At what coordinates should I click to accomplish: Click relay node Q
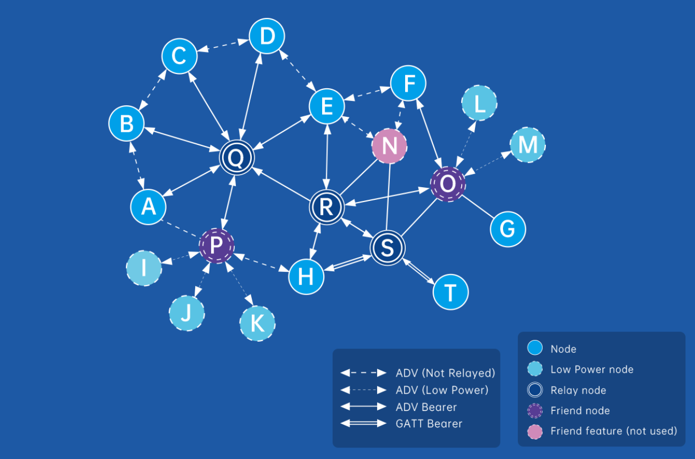pos(237,158)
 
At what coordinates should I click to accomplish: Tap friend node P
pos(216,245)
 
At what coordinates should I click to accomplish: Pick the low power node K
pos(257,323)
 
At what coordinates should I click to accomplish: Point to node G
pos(508,229)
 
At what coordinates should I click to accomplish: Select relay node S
pos(387,247)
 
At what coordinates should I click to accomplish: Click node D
pos(267,36)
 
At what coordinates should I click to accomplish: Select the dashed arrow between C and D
pos(224,46)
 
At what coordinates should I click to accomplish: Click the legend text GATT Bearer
pos(428,424)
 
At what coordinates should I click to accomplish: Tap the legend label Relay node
pos(578,390)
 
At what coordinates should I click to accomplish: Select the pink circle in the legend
pos(535,432)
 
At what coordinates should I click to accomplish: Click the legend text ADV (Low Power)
pos(442,390)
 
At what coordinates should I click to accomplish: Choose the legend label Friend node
pos(580,411)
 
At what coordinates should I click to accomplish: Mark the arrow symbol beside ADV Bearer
pos(363,407)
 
